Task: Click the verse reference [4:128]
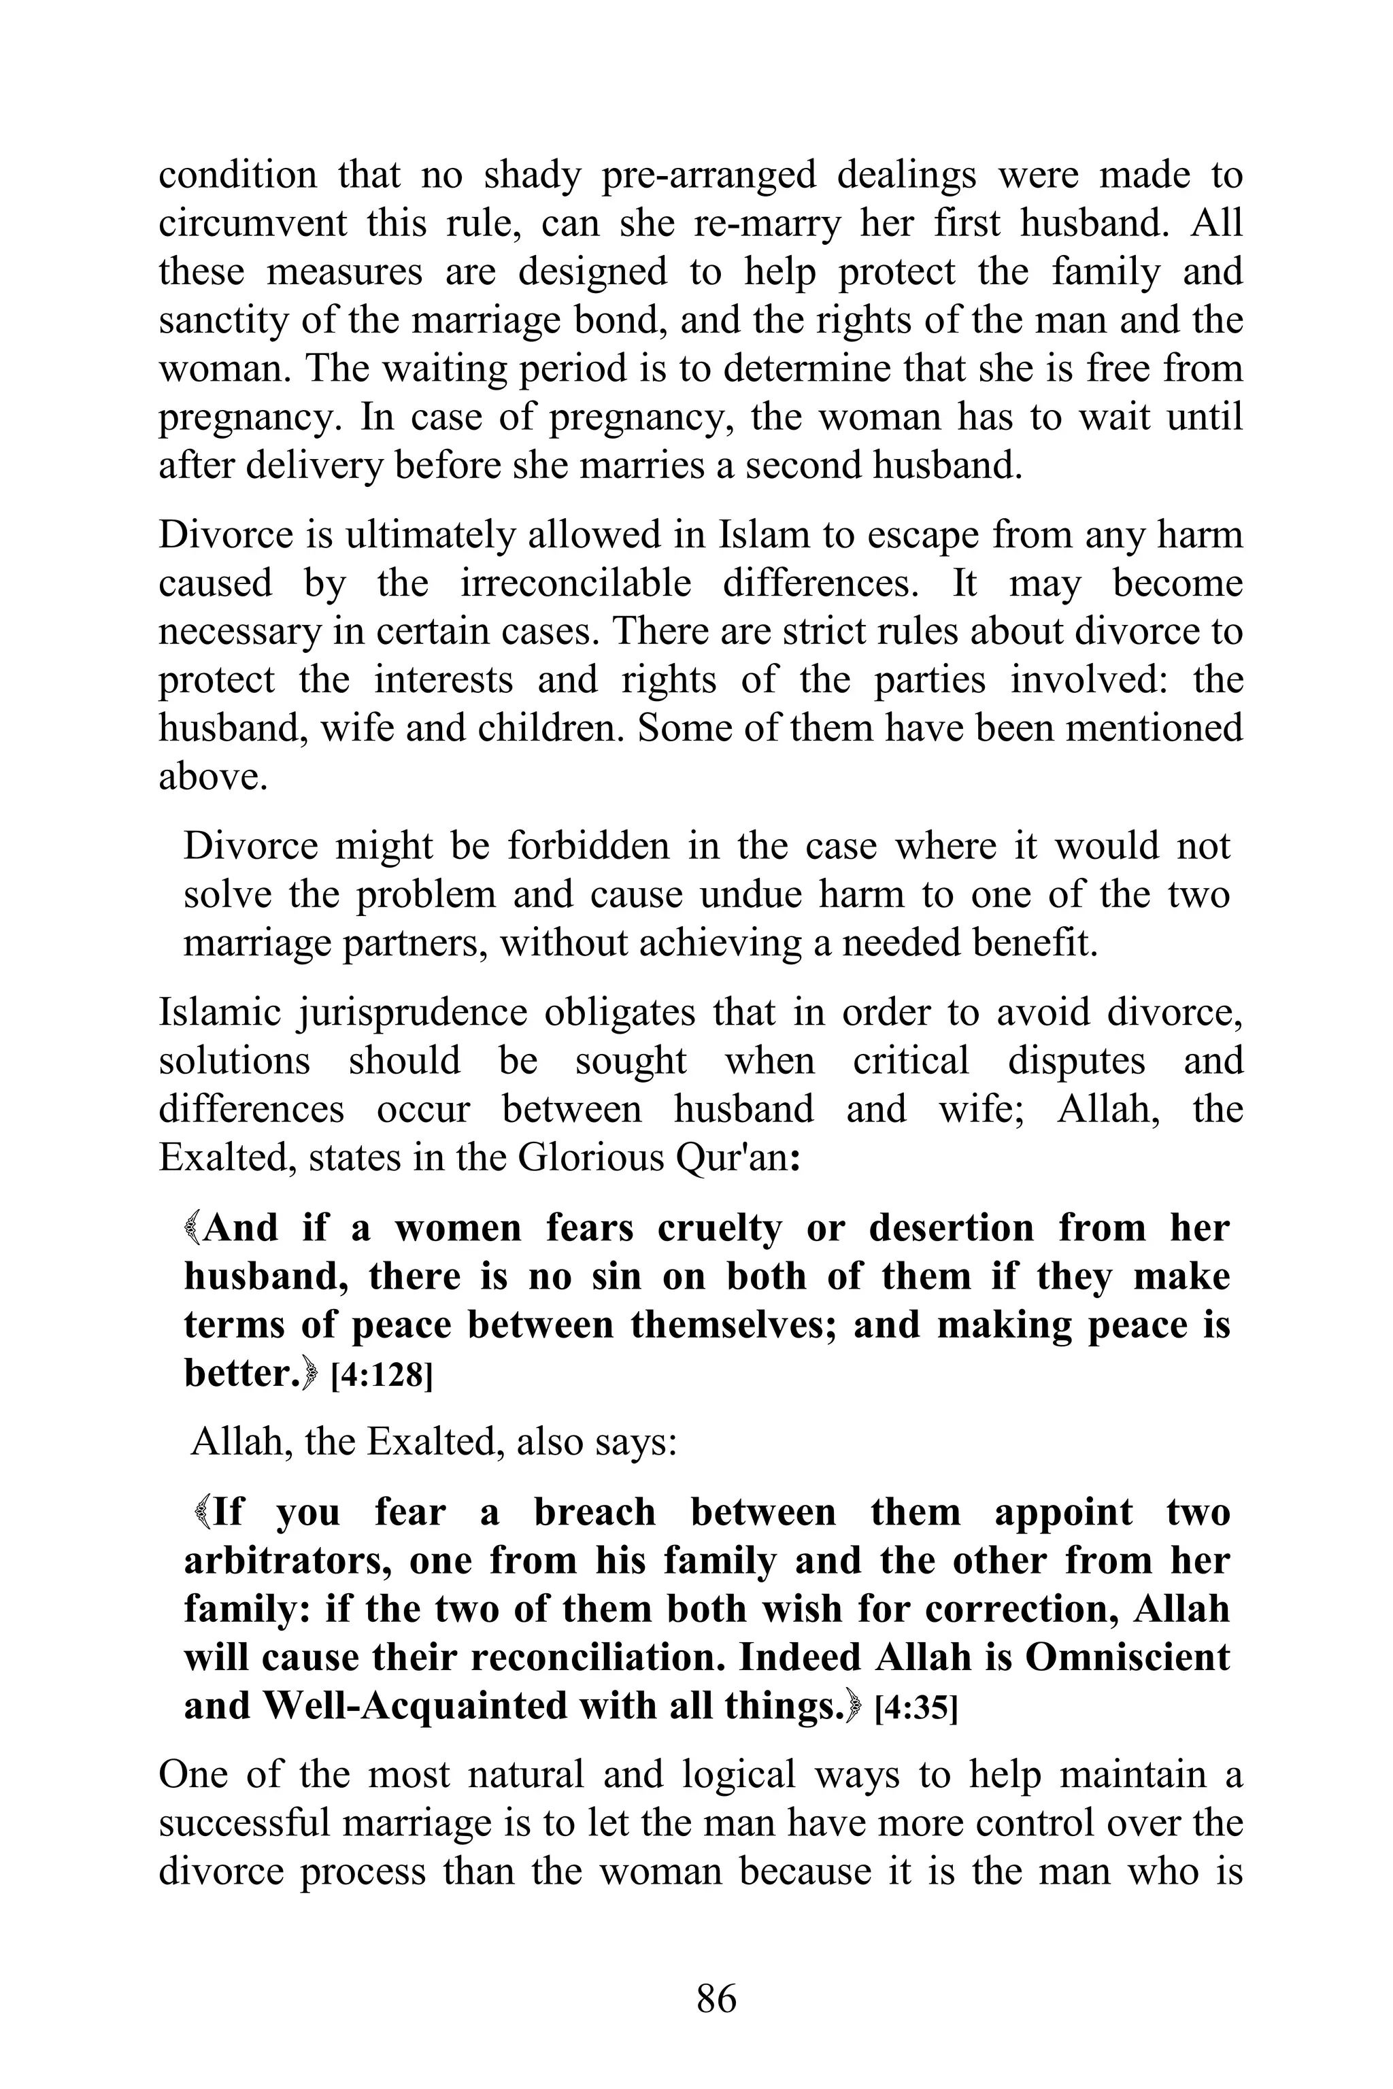point(381,1376)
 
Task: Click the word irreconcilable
point(575,583)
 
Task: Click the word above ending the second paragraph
point(212,777)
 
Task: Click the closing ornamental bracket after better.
point(309,1375)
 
